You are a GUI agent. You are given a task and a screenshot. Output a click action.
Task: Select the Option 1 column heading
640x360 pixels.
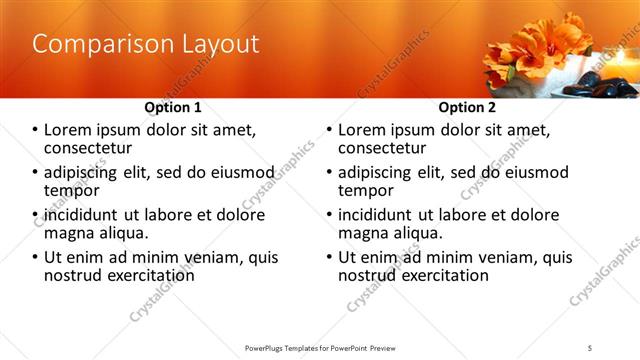(173, 107)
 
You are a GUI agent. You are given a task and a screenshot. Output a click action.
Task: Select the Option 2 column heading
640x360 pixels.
(466, 107)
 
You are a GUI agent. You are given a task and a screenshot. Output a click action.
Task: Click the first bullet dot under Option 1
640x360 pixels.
(36, 129)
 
